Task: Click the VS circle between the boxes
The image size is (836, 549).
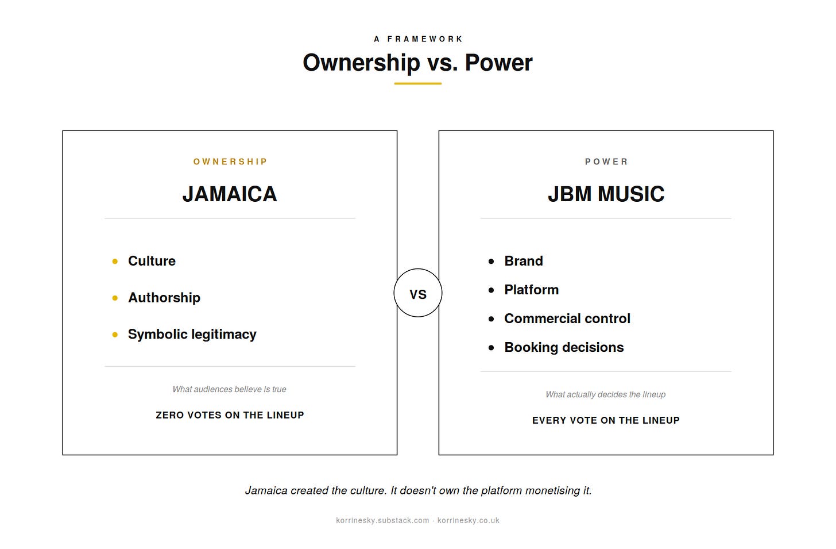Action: [417, 269]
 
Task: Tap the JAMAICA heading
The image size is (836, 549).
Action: [230, 194]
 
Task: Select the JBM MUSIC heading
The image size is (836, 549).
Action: [606, 194]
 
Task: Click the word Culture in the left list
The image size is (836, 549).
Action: [152, 261]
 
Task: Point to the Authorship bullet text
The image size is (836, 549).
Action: [164, 298]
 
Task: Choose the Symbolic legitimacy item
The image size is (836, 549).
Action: [192, 335]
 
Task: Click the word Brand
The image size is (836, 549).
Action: [523, 261]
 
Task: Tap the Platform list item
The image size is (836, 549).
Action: [531, 290]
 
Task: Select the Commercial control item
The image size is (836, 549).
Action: [567, 318]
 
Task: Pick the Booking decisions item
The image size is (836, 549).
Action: [564, 348]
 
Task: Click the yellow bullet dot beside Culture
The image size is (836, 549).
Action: [115, 262]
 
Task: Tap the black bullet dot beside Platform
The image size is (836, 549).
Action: [491, 290]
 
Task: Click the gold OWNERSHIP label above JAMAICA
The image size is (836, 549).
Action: [230, 162]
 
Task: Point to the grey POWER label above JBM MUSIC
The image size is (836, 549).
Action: [606, 162]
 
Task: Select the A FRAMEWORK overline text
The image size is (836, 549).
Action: [418, 39]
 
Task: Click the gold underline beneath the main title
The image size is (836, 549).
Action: [417, 83]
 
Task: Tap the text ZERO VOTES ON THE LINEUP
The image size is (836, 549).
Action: [230, 415]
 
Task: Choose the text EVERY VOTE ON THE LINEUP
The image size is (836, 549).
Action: [606, 420]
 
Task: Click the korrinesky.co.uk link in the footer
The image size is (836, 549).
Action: [468, 521]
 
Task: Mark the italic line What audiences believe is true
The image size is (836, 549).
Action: [229, 389]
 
